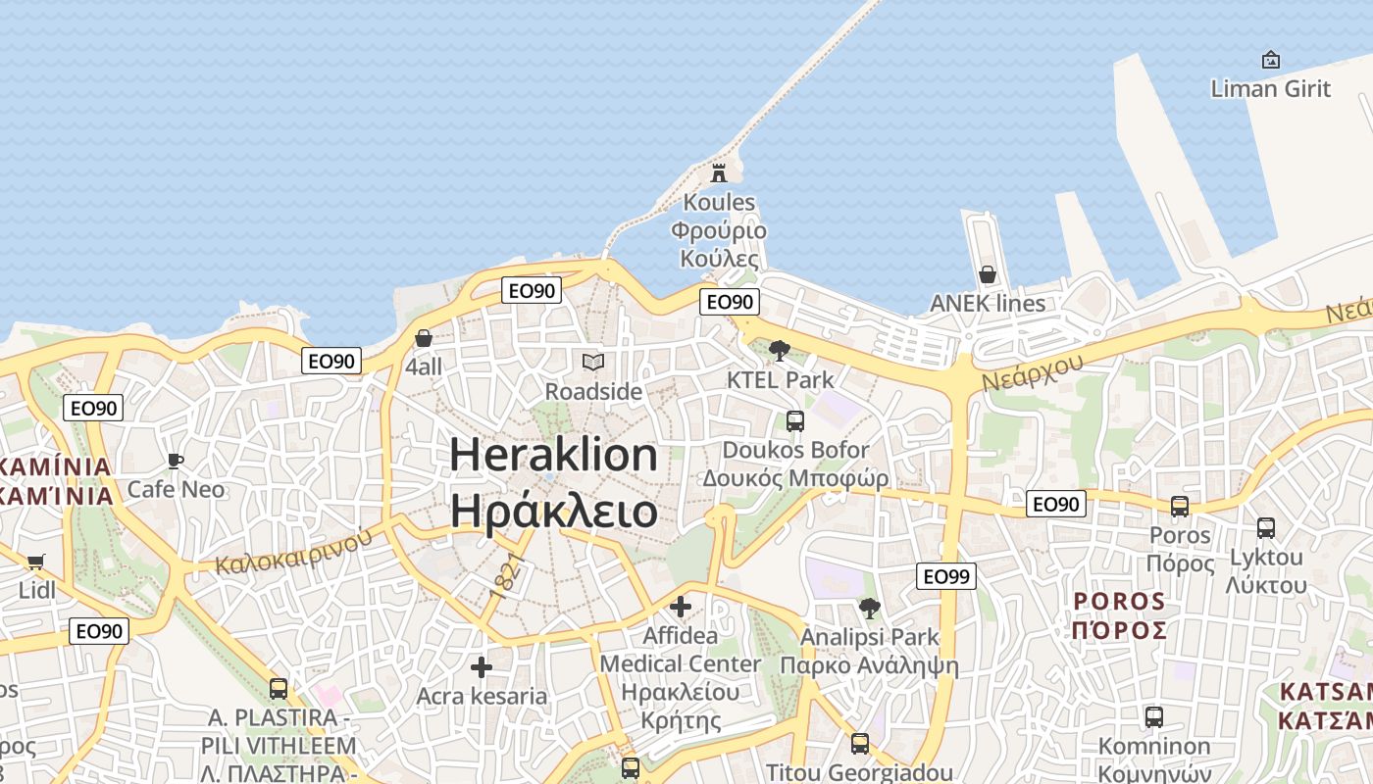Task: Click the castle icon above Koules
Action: pyautogui.click(x=719, y=173)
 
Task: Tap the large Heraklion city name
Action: pyautogui.click(x=553, y=456)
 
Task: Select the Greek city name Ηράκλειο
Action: pyautogui.click(x=553, y=512)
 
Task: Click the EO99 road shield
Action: pyautogui.click(x=946, y=576)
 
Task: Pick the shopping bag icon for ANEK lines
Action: pyautogui.click(x=988, y=274)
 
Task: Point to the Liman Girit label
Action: pyautogui.click(x=1270, y=88)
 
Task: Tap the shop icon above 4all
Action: pyautogui.click(x=424, y=338)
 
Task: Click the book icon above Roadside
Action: pyautogui.click(x=593, y=363)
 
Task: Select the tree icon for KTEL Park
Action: pyautogui.click(x=780, y=350)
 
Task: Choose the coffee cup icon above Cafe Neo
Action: pyautogui.click(x=176, y=461)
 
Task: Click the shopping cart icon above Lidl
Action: pyautogui.click(x=36, y=562)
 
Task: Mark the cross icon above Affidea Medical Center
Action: pyautogui.click(x=681, y=607)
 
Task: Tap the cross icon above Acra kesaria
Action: pyautogui.click(x=481, y=667)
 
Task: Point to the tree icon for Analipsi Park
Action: pyautogui.click(x=869, y=609)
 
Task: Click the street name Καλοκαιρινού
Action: pyautogui.click(x=294, y=551)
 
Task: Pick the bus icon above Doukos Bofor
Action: pyautogui.click(x=795, y=421)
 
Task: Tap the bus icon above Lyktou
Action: pyautogui.click(x=1266, y=528)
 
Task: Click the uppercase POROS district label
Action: pyautogui.click(x=1119, y=601)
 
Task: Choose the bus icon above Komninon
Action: pyautogui.click(x=1154, y=717)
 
